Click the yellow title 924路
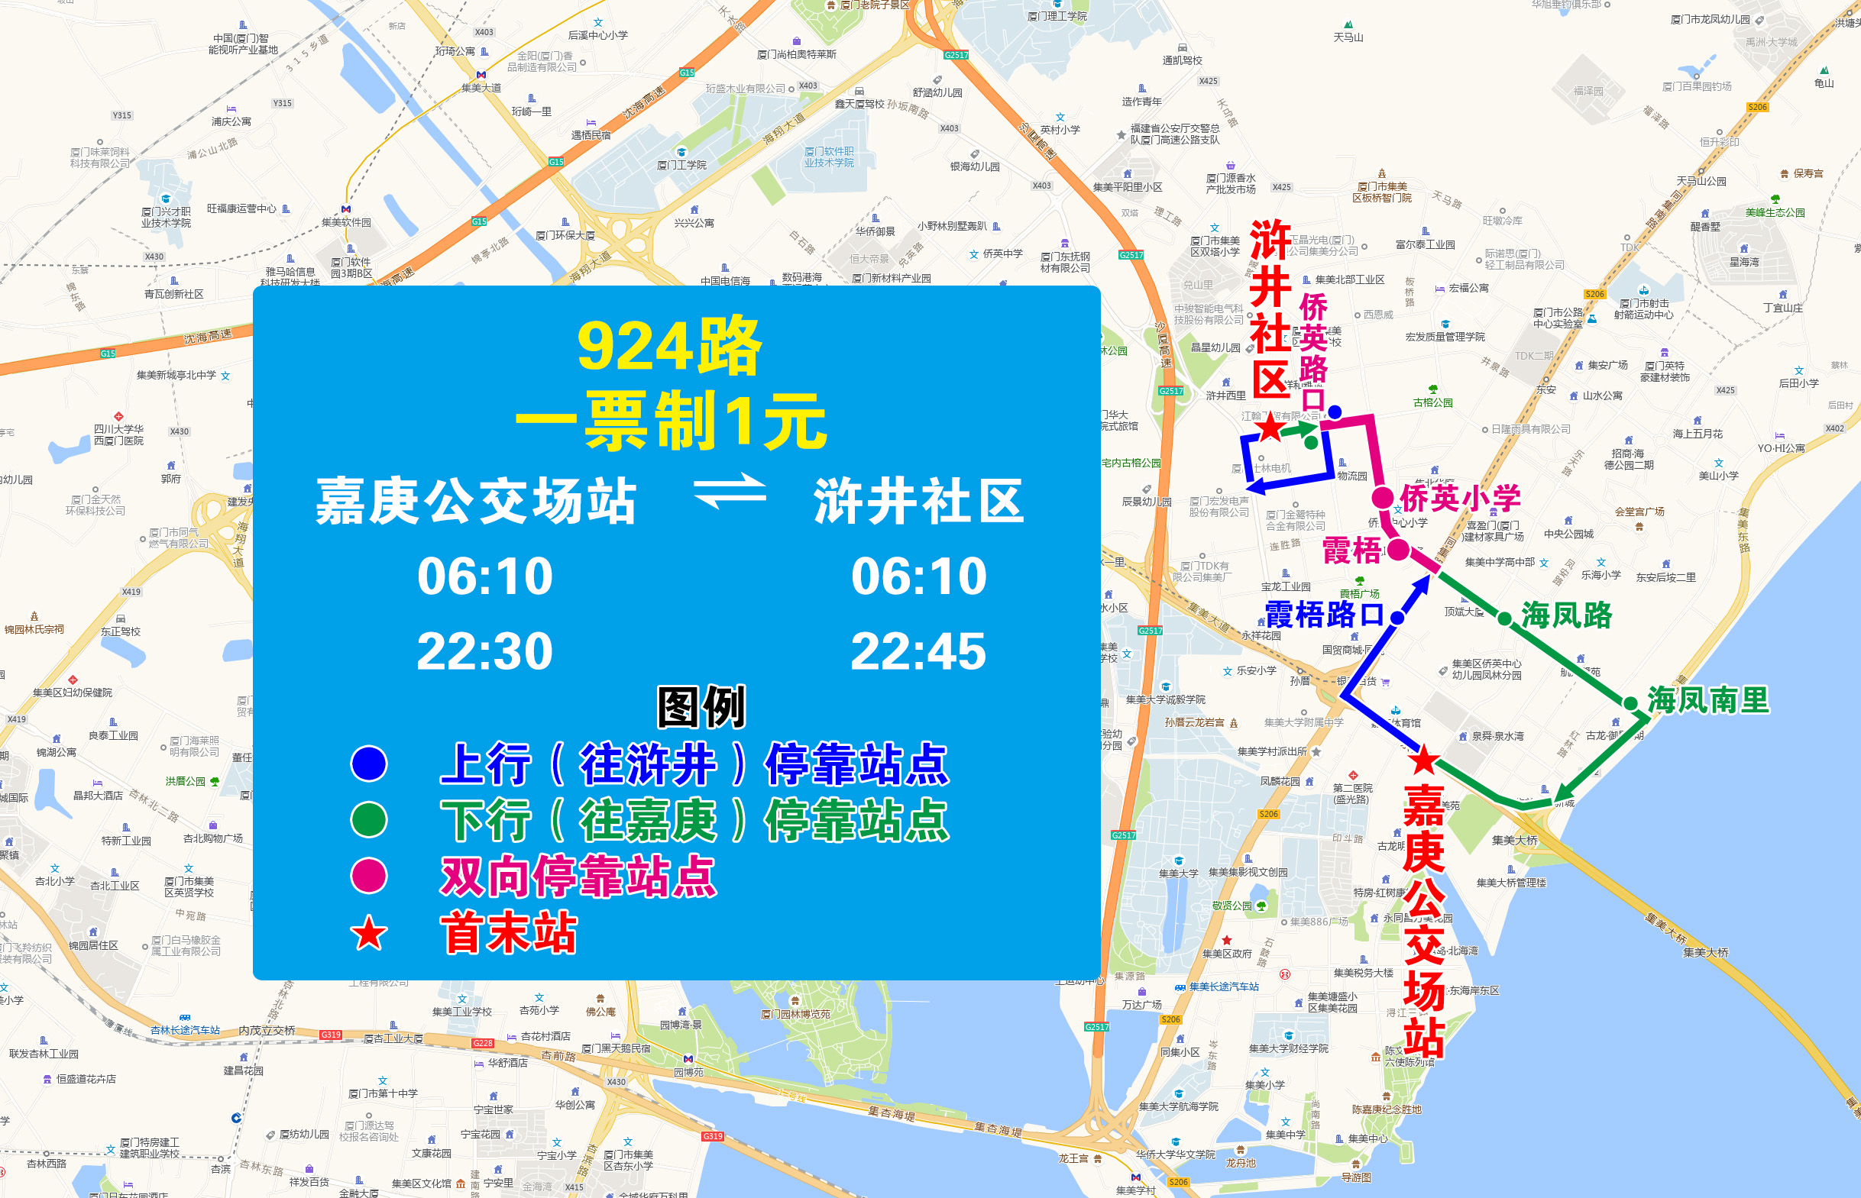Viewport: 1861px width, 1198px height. tap(668, 345)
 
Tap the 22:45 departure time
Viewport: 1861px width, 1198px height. tap(918, 651)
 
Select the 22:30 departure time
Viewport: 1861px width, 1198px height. tap(485, 651)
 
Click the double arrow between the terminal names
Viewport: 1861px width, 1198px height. tap(730, 491)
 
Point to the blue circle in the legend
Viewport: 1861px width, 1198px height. tap(369, 763)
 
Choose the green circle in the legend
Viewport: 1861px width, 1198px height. tap(369, 820)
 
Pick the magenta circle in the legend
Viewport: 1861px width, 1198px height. tap(369, 876)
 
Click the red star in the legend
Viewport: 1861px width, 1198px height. tap(369, 934)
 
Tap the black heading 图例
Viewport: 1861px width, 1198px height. tap(701, 707)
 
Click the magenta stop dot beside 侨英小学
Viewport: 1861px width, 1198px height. tap(1382, 498)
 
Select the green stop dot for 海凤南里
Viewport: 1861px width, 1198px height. tap(1630, 703)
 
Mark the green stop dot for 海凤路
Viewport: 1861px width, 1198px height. tap(1504, 618)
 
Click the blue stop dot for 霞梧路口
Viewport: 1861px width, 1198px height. tap(1397, 618)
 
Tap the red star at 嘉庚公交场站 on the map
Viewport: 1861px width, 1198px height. tap(1423, 760)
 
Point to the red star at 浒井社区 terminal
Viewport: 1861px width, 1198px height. tap(1270, 426)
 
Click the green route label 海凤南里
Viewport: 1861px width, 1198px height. tap(1708, 700)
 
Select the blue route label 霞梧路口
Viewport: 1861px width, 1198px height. tap(1324, 615)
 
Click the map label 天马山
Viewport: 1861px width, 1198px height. tap(1348, 37)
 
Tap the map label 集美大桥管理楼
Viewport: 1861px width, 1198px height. tap(1511, 882)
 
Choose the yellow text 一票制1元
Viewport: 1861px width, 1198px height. tap(670, 421)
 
